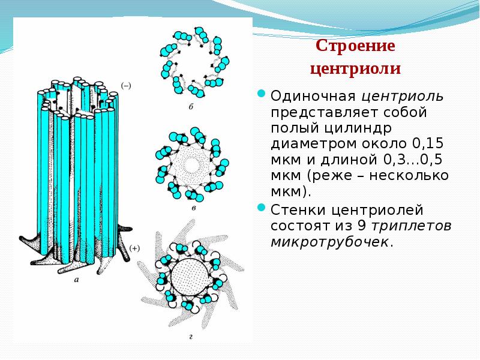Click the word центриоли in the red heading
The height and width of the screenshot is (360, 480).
tap(355, 68)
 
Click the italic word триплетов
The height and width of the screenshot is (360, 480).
tap(412, 226)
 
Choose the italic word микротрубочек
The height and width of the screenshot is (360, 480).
tap(329, 242)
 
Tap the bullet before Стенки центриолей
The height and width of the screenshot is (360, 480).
tap(262, 208)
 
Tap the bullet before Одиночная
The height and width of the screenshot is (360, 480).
tap(262, 94)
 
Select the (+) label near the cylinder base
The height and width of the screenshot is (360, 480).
tap(134, 248)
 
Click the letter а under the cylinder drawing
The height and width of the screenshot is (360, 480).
tap(76, 280)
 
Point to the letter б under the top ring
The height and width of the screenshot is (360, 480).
tap(190, 107)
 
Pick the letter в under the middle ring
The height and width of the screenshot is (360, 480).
tap(193, 208)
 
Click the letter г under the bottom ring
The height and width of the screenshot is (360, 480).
tap(190, 337)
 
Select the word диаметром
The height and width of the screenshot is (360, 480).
tap(310, 144)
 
